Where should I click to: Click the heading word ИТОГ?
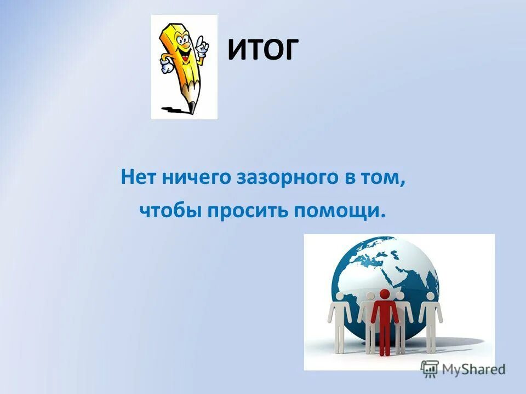pyautogui.click(x=262, y=50)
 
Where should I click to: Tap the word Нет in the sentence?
pyautogui.click(x=136, y=178)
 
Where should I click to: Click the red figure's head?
pyautogui.click(x=385, y=294)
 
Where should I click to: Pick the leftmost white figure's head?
pyautogui.click(x=340, y=297)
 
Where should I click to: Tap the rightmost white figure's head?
pyautogui.click(x=431, y=297)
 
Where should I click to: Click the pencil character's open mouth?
pyautogui.click(x=185, y=55)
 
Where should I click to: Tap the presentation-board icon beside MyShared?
pyautogui.click(x=430, y=368)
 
